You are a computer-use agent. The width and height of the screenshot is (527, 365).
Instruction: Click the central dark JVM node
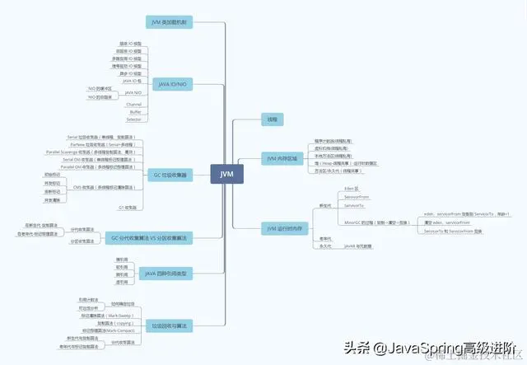(x=227, y=174)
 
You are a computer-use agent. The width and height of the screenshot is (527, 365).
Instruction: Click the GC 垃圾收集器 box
(x=170, y=175)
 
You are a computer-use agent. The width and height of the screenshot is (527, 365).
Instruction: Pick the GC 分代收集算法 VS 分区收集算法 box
(x=150, y=237)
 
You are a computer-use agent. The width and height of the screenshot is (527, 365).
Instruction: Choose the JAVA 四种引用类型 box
(x=165, y=273)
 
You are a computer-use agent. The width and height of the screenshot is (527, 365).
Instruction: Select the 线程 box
(x=272, y=119)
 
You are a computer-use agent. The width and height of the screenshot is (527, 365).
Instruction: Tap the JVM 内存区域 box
(x=283, y=157)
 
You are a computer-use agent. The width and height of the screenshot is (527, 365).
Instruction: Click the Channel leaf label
(x=133, y=105)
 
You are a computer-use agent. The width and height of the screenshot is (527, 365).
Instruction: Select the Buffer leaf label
(x=133, y=112)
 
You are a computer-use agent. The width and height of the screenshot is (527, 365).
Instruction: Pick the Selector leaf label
(x=133, y=119)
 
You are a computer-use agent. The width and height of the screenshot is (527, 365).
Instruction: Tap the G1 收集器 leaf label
(x=128, y=207)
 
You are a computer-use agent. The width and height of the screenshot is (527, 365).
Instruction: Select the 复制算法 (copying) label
(x=114, y=323)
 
